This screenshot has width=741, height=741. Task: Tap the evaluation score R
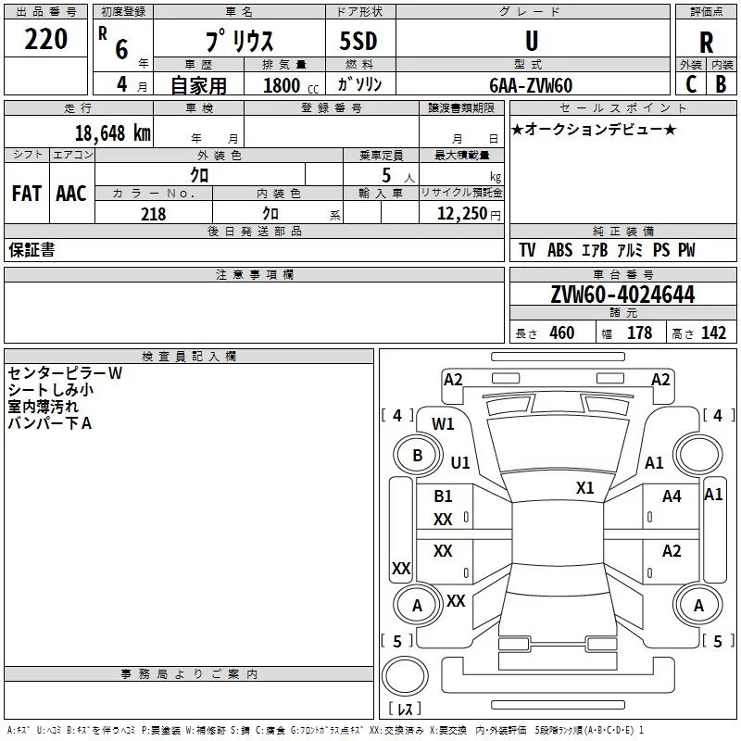706,43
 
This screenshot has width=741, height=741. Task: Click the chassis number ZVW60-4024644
622,295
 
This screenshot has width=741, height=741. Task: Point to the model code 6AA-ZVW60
531,85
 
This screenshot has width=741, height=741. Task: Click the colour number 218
153,214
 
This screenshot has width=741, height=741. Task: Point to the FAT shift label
27,194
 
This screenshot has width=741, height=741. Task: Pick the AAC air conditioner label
71,194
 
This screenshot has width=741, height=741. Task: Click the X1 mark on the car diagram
584,487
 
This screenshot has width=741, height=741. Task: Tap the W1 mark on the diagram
443,424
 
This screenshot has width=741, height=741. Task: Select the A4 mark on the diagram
672,496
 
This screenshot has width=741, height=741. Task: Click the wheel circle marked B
417,455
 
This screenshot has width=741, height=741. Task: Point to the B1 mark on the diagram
443,496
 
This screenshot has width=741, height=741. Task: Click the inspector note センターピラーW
65,373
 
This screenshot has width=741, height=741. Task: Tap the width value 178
639,333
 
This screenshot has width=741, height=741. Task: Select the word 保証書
31,250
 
